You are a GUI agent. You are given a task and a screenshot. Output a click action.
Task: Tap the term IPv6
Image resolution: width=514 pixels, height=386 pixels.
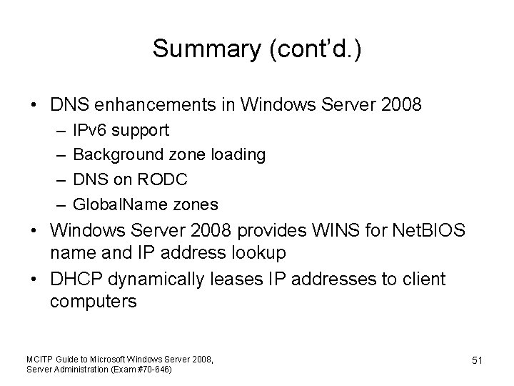click(x=91, y=130)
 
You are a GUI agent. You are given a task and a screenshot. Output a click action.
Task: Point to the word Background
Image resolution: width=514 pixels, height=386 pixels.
click(x=118, y=154)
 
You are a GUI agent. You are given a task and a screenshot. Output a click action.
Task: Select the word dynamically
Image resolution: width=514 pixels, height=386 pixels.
click(x=163, y=279)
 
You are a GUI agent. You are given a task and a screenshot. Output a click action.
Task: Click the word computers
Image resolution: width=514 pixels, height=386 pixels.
click(x=93, y=301)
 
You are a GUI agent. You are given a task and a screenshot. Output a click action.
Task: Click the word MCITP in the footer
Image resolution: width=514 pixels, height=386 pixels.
click(x=37, y=358)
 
